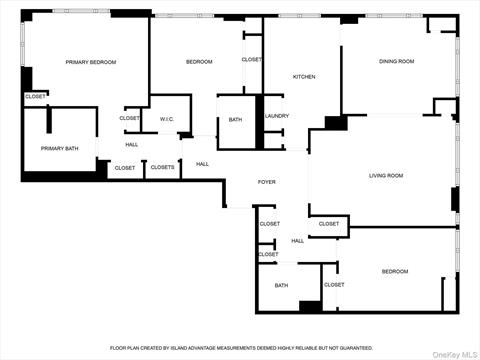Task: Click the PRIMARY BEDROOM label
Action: (91, 62)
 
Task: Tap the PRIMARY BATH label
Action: (59, 149)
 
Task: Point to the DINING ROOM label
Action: (396, 62)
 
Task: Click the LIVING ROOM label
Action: (386, 176)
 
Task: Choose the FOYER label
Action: (267, 182)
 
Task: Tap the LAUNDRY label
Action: (277, 116)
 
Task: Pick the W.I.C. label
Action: (167, 119)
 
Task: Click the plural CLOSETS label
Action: (163, 168)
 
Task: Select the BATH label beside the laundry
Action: (235, 120)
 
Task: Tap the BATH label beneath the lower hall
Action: (282, 285)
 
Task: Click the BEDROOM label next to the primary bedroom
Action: (199, 62)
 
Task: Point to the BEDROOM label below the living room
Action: (394, 271)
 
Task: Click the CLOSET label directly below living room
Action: (329, 224)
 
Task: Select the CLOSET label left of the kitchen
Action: (252, 60)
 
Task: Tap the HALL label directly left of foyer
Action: (202, 164)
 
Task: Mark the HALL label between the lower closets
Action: (298, 241)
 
